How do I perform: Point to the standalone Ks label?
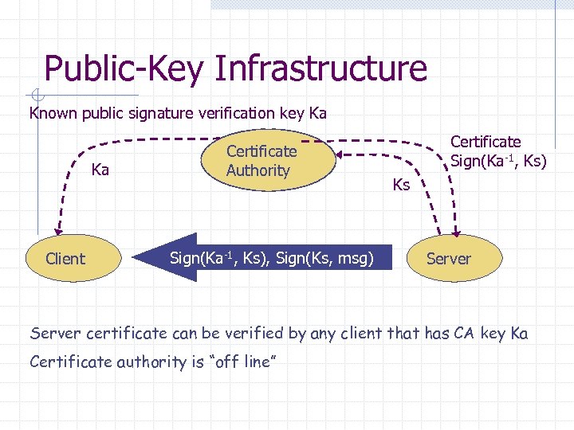click(x=401, y=186)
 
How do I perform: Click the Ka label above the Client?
click(x=100, y=170)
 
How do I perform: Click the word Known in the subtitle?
click(x=52, y=113)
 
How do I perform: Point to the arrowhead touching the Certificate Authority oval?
click(x=337, y=154)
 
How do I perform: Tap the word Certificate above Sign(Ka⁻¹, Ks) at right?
click(x=486, y=142)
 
